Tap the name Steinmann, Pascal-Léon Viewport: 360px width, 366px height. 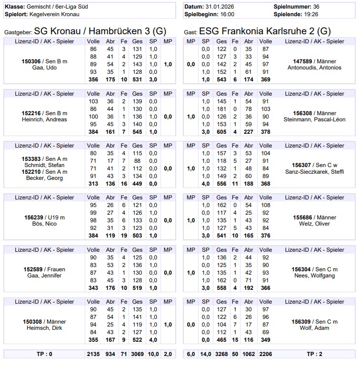click(x=314, y=119)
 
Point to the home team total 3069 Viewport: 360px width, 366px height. click(x=138, y=354)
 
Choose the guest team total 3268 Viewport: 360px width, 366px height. click(x=221, y=354)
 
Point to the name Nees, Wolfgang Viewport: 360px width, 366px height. click(x=314, y=276)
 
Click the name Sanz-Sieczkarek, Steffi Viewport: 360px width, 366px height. click(x=314, y=172)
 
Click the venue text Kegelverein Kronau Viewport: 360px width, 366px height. click(x=57, y=14)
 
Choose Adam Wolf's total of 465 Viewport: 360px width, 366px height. click(x=221, y=340)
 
